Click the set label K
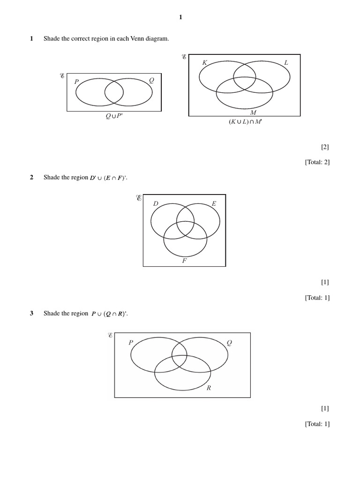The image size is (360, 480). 205,63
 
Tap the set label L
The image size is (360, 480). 286,63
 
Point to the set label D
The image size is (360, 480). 156,203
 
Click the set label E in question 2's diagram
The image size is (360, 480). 214,203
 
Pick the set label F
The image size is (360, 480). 184,261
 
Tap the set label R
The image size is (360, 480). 209,388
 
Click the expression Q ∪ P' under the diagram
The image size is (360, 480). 114,116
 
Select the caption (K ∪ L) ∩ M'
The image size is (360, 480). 245,122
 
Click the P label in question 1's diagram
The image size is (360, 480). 76,82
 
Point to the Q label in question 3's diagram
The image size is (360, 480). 229,343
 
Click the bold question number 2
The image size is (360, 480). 31,177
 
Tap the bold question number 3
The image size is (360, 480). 31,313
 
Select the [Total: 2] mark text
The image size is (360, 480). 317,162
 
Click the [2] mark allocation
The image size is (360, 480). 325,147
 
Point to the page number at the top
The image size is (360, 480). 180,17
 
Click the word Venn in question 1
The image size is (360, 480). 137,38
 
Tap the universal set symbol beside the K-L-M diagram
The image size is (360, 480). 184,57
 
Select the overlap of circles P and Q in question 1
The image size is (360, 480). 114,92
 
